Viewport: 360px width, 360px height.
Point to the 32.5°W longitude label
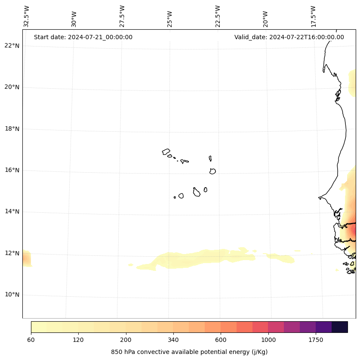point(27,16)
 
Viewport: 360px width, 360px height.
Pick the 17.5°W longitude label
point(313,16)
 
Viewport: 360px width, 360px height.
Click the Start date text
point(83,37)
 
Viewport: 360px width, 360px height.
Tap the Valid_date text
point(289,37)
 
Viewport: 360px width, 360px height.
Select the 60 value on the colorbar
point(31,340)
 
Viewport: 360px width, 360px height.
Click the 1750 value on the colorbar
point(316,340)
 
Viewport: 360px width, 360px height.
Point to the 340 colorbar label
point(173,340)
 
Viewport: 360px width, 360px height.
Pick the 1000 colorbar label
point(268,340)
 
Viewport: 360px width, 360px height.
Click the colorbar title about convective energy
point(189,352)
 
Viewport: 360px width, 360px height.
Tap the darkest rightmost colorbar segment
point(339,327)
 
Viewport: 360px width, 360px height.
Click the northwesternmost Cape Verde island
point(166,152)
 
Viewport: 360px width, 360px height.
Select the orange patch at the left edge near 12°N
point(26,259)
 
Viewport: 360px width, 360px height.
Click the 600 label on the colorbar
point(221,340)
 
